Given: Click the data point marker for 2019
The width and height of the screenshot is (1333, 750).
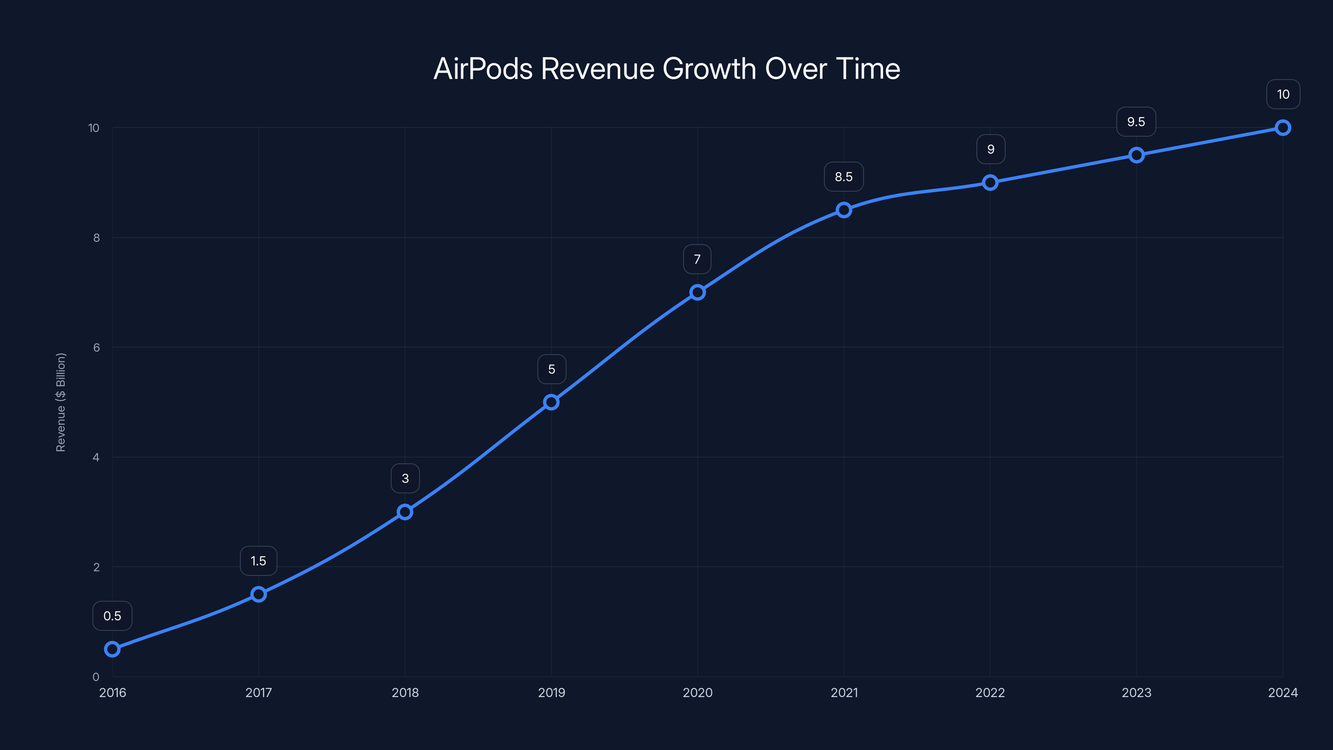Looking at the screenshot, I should point(551,402).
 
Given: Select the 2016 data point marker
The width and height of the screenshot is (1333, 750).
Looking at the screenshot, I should point(112,649).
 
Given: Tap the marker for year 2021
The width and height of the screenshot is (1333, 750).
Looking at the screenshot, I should point(844,210).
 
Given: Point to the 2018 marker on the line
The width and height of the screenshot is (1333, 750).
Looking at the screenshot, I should point(404,512).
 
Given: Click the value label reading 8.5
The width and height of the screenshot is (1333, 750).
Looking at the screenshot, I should point(844,177).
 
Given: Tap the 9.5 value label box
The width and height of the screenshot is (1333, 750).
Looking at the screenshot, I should point(1136,122).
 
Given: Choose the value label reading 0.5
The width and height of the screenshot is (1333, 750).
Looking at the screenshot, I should point(112,616).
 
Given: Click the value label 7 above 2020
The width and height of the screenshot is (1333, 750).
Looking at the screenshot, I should point(697,259).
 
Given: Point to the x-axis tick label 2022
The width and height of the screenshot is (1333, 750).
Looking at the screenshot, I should point(990,692).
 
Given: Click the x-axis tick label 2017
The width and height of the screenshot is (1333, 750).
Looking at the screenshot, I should point(258,692).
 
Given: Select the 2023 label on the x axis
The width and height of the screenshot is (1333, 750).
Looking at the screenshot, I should point(1136,692).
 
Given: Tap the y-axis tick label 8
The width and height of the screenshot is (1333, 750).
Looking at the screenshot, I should point(96,237).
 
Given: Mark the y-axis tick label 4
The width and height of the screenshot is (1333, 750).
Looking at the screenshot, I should point(96,457).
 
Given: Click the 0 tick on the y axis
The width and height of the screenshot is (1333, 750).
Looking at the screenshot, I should point(96,677).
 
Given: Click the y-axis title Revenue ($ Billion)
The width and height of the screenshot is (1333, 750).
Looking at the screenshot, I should point(60,402).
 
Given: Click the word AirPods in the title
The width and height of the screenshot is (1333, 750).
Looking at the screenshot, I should point(483,69).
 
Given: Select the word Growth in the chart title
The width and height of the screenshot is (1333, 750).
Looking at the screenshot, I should point(709,69).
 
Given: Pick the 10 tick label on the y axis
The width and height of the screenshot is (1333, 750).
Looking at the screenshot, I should point(94,128).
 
